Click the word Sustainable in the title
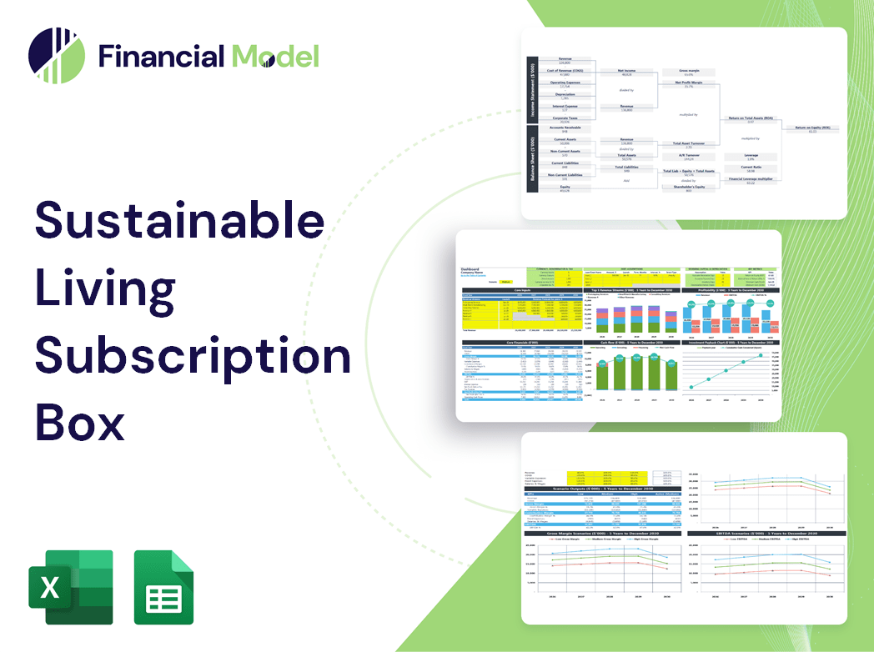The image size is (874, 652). tap(179, 221)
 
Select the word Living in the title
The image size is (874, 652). tap(105, 288)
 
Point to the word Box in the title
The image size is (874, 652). tap(79, 422)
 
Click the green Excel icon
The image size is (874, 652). tap(70, 587)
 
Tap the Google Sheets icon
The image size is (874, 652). tap(163, 587)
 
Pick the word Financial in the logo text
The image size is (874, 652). tap(162, 57)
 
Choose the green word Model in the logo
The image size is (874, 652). tap(275, 57)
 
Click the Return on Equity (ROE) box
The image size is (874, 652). tap(811, 128)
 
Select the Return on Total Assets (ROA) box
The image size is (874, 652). tap(751, 119)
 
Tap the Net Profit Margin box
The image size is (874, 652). tap(689, 84)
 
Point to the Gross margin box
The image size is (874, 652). tap(689, 73)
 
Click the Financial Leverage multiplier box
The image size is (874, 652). tap(751, 180)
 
